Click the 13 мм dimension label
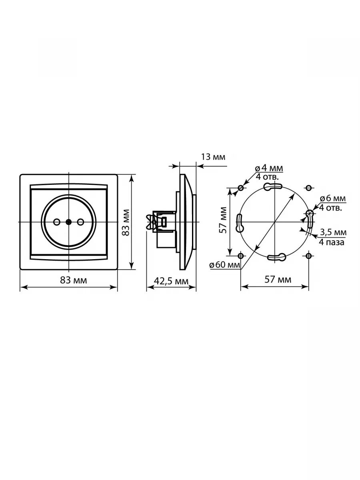(213, 157)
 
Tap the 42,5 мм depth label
(171, 281)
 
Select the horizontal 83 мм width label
(74, 280)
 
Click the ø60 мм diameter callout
(224, 265)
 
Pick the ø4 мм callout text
(269, 168)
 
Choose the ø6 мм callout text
(333, 198)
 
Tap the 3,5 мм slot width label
(333, 232)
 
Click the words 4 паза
(332, 242)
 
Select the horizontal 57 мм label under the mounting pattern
(278, 280)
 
